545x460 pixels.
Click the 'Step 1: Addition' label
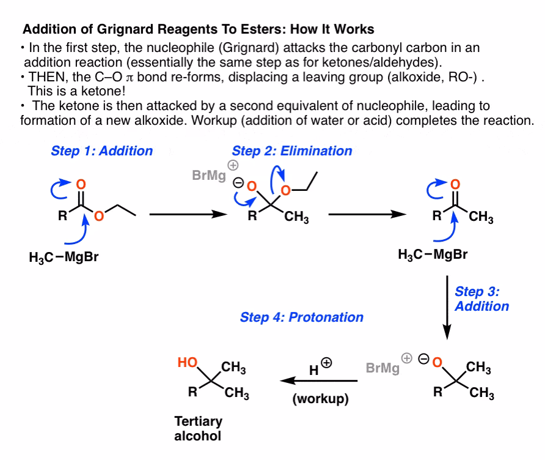102,151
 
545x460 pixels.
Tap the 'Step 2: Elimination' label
292,151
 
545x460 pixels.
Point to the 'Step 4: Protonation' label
302,317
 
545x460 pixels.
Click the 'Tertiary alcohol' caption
199,429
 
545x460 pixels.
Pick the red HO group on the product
187,363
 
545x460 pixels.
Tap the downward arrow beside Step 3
447,306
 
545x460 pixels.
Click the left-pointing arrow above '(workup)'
318,381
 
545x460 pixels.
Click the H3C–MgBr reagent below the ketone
433,254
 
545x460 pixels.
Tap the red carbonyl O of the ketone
453,183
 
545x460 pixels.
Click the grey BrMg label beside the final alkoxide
383,368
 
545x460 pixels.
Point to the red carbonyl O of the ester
82,183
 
